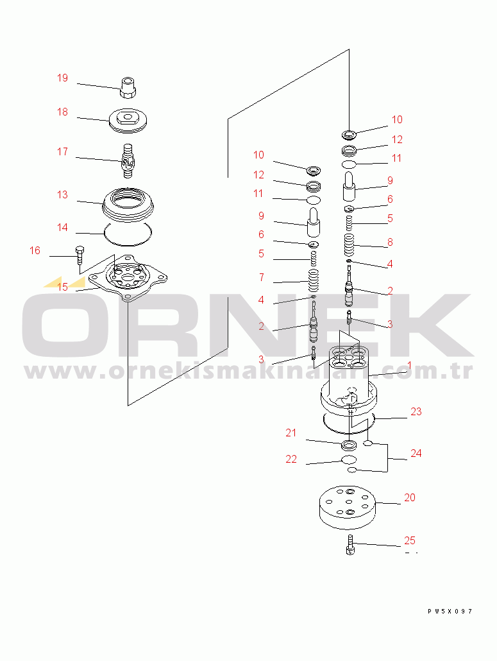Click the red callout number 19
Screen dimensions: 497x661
(x=62, y=78)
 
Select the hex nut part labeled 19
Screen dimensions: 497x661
(x=128, y=88)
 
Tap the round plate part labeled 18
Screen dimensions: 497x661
(x=128, y=121)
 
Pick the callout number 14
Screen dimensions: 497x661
(x=62, y=228)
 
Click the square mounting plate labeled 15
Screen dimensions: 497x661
(x=128, y=279)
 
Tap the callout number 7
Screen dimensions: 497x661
(x=262, y=277)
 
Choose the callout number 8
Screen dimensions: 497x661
(x=390, y=243)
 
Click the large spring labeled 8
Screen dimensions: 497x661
(x=349, y=245)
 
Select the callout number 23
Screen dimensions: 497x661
(x=416, y=412)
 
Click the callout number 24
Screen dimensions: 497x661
(x=416, y=454)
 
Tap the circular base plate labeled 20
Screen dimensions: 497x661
(x=347, y=508)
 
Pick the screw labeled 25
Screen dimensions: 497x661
(x=350, y=544)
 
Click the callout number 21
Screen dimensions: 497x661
(x=291, y=433)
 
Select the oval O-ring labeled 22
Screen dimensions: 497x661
(x=349, y=459)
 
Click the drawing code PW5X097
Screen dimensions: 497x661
(x=450, y=611)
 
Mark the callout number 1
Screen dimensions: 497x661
(x=409, y=366)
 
